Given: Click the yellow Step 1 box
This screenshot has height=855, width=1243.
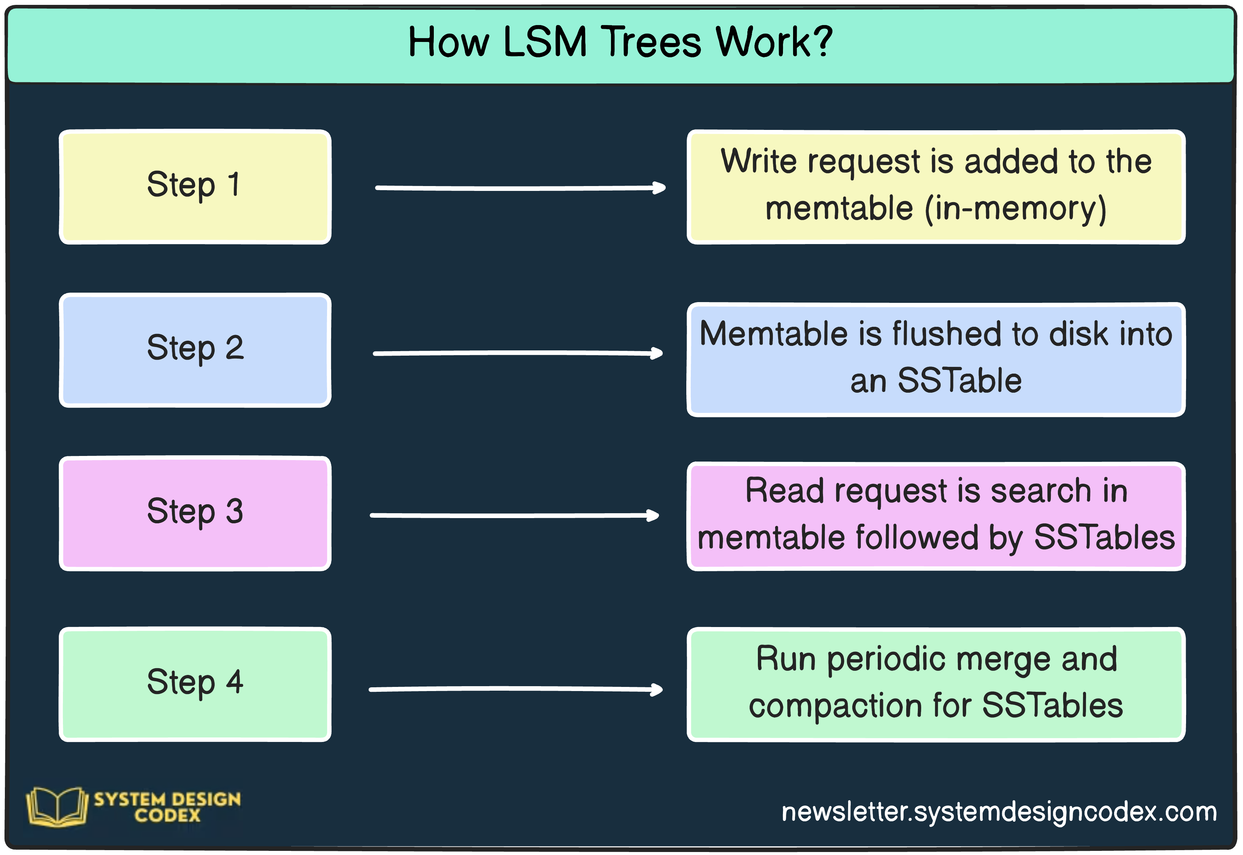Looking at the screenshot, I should coord(195,187).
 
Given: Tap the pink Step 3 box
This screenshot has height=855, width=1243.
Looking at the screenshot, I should coord(195,513).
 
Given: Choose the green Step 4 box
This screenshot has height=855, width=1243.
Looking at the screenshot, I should coord(195,684).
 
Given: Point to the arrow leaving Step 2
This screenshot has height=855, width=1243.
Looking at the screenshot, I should coord(517,353).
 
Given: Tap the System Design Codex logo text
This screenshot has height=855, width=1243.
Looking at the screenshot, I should coord(167,807).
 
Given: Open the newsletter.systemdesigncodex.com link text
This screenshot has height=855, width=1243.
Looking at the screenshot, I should coord(999,812).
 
